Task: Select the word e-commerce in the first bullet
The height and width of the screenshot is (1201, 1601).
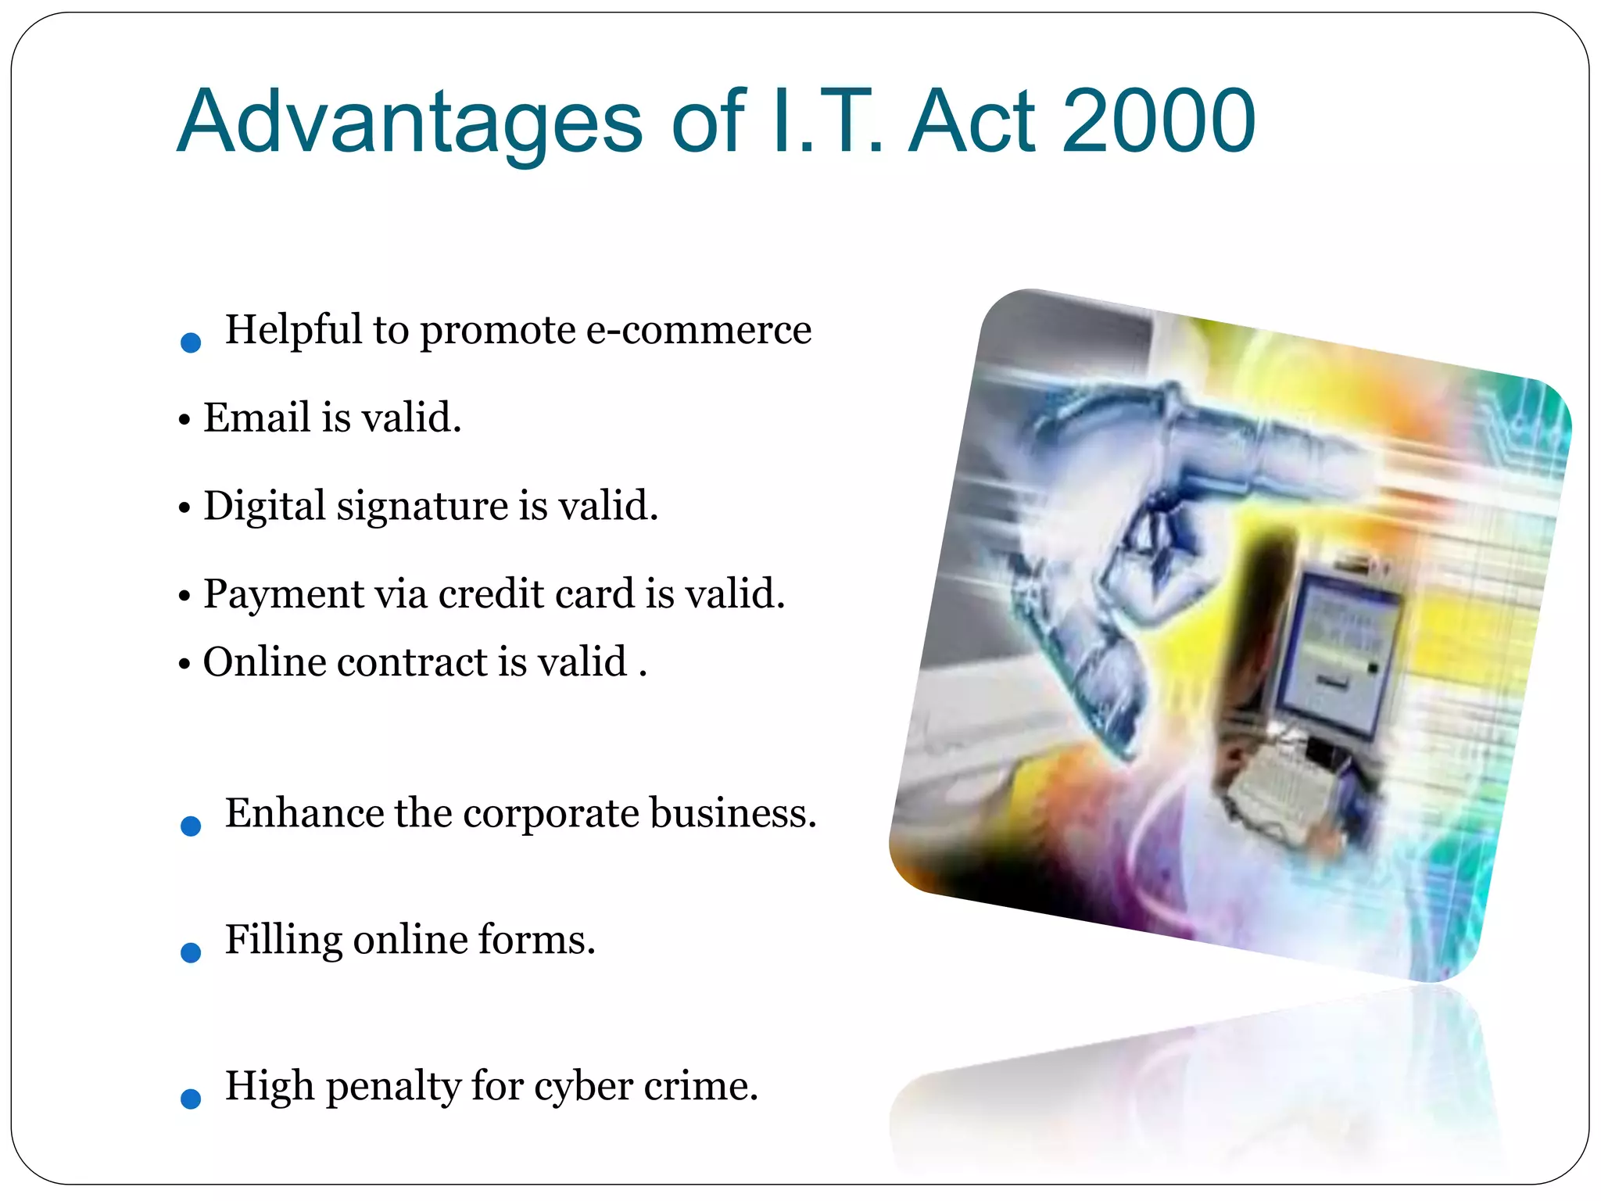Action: (x=698, y=330)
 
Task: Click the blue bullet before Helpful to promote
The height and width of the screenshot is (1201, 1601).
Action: (x=191, y=342)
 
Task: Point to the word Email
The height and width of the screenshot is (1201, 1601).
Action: (x=257, y=418)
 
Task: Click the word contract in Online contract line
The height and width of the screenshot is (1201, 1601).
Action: (x=413, y=663)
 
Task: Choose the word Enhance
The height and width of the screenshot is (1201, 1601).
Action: (x=304, y=813)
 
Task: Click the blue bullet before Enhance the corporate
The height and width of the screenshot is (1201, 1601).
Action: (x=191, y=826)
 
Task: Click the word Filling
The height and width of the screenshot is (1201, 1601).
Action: (x=283, y=941)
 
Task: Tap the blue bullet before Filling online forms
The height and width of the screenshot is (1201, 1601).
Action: (x=191, y=952)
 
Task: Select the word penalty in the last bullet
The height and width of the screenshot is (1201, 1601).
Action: (x=393, y=1088)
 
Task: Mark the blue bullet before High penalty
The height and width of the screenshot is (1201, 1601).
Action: (x=191, y=1099)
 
